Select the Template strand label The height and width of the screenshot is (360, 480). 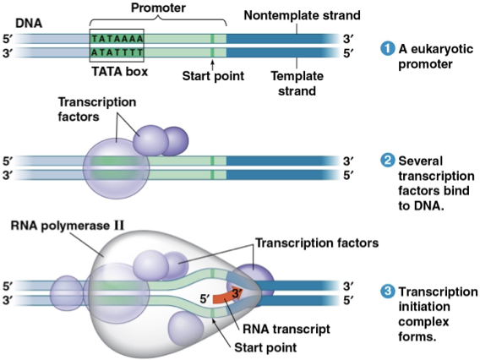point(292,81)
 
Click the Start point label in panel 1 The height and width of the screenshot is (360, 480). point(213,75)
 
